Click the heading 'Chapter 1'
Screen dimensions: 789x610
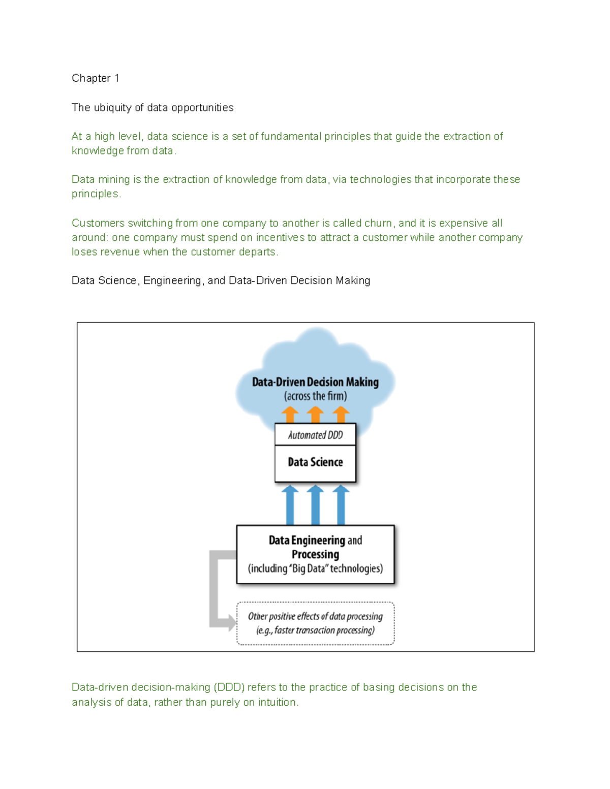95,78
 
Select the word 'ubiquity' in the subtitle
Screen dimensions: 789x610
112,108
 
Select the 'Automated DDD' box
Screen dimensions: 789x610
315,435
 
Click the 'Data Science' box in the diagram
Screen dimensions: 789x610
315,462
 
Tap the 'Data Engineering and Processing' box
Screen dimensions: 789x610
315,554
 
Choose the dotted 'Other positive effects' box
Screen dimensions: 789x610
315,623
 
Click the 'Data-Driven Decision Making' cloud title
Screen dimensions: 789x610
315,382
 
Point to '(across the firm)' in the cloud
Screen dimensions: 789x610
315,396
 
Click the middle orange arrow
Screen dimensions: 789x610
315,415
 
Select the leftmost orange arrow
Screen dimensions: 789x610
290,415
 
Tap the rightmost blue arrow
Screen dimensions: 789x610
341,505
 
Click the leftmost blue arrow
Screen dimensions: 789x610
290,505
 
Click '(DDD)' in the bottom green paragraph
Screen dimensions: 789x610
229,687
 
